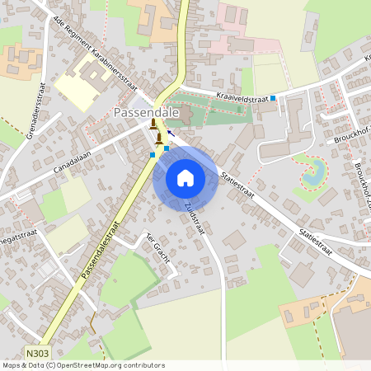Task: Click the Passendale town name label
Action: click(x=142, y=111)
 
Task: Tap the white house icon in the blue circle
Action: click(x=185, y=178)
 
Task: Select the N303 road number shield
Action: click(x=35, y=352)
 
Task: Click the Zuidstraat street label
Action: click(x=195, y=218)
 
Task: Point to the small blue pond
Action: click(x=312, y=174)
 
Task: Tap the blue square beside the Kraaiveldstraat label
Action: click(x=273, y=98)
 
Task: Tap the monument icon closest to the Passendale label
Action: click(x=153, y=124)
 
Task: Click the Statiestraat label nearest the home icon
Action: click(x=235, y=186)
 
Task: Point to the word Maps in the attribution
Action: click(x=12, y=364)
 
